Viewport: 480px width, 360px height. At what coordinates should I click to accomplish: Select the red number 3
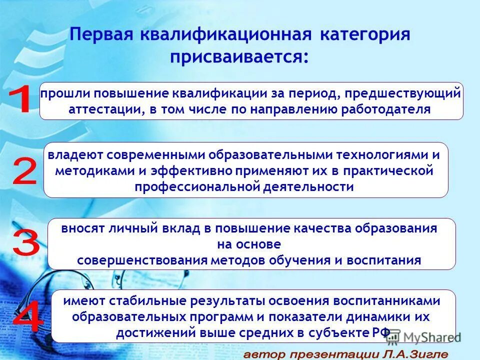[x=25, y=243]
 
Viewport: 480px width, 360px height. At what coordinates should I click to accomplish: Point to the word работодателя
[x=385, y=109]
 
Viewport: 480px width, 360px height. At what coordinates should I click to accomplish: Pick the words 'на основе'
[x=249, y=244]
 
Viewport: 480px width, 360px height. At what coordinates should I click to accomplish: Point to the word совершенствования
[x=142, y=260]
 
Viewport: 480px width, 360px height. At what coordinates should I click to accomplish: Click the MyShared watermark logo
[x=423, y=336]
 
